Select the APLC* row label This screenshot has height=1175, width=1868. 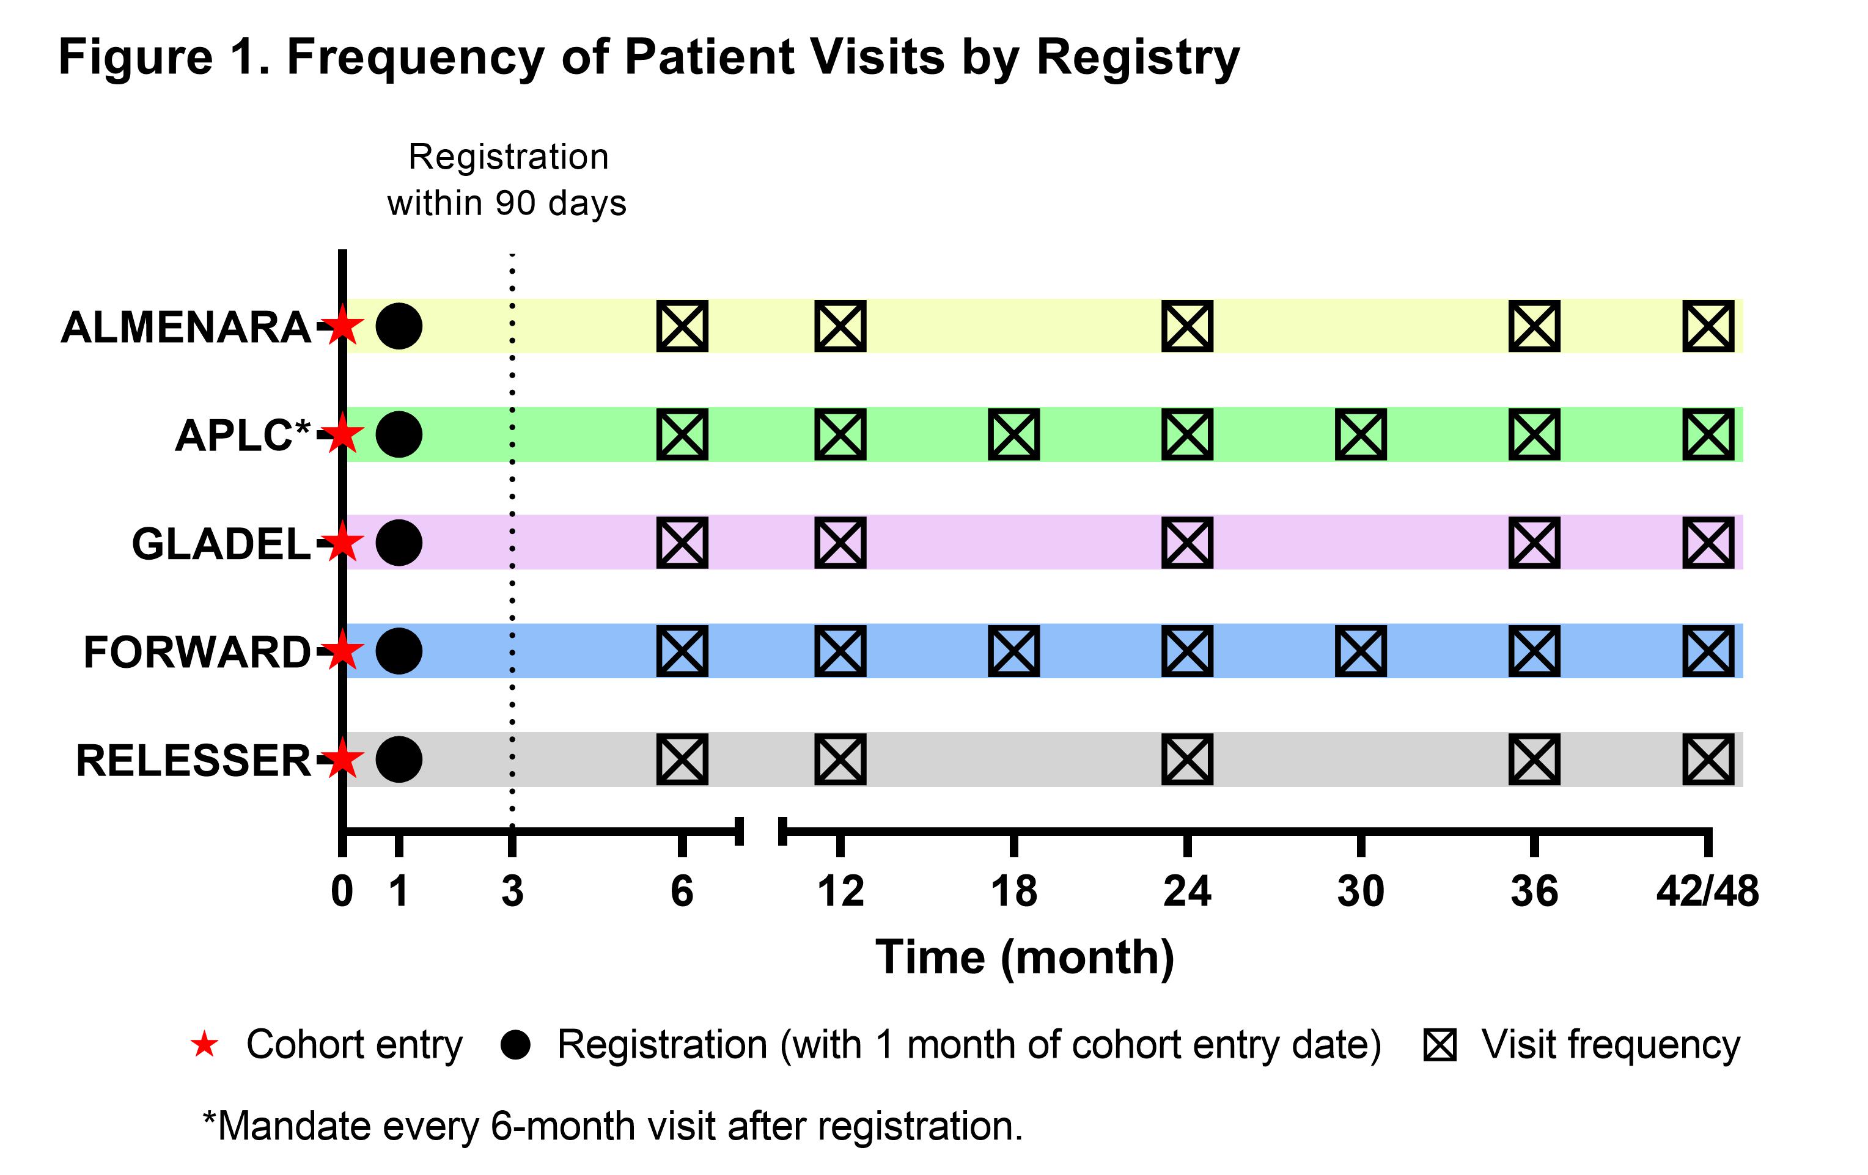pyautogui.click(x=243, y=435)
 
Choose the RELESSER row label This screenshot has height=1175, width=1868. pyautogui.click(x=193, y=760)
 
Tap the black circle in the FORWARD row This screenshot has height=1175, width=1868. pyautogui.click(x=399, y=651)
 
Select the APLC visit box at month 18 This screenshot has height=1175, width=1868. pyautogui.click(x=1014, y=434)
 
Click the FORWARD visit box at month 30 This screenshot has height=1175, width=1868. pyautogui.click(x=1361, y=651)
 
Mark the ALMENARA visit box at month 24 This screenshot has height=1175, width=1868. pyautogui.click(x=1187, y=326)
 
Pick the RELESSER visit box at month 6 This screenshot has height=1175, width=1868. pyautogui.click(x=682, y=760)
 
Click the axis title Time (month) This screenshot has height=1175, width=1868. pyautogui.click(x=1024, y=958)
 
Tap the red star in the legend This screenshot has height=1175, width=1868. pyautogui.click(x=205, y=1045)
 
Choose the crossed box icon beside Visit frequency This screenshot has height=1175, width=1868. pyautogui.click(x=1440, y=1045)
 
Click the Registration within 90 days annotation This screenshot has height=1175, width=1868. pyautogui.click(x=507, y=180)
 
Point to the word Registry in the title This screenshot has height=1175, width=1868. pyautogui.click(x=1138, y=59)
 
